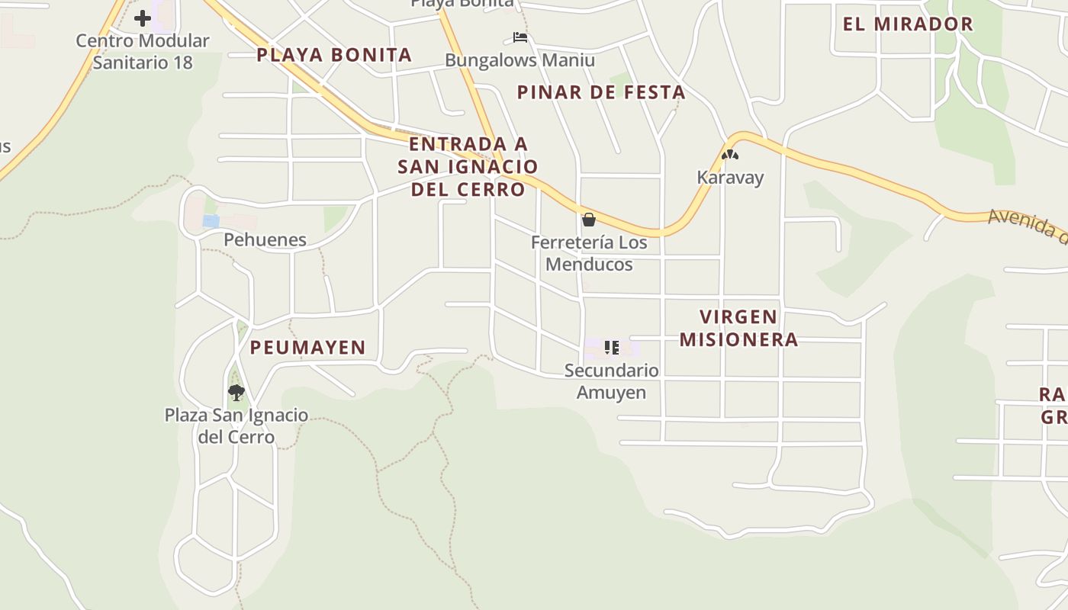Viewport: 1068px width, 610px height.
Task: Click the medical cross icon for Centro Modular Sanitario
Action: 143,18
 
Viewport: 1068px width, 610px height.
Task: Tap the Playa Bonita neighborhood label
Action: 334,55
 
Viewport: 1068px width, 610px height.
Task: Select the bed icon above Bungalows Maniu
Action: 520,37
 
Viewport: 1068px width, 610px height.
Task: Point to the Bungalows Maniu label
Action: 520,60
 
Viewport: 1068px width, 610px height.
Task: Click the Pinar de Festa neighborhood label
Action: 601,93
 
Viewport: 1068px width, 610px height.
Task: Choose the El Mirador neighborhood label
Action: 908,24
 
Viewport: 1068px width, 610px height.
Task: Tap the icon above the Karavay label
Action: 730,156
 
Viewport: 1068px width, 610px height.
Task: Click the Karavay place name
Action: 730,178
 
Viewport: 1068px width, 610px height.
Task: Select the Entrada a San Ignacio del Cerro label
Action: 468,166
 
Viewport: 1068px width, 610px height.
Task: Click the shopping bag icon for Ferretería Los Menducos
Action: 589,220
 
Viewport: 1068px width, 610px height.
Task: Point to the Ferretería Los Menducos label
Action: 589,253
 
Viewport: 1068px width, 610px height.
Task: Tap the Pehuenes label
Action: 265,239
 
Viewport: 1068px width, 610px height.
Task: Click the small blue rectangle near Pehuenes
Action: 211,221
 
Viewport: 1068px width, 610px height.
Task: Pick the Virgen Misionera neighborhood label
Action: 738,328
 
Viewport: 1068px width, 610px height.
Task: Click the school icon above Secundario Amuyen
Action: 612,348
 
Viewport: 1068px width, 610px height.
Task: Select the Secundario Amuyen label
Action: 611,381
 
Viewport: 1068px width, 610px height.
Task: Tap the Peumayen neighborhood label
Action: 308,348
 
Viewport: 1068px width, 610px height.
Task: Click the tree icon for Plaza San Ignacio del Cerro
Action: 236,393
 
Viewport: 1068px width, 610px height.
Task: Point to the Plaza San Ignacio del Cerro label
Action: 236,426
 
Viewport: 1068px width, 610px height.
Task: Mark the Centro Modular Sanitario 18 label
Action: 143,51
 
